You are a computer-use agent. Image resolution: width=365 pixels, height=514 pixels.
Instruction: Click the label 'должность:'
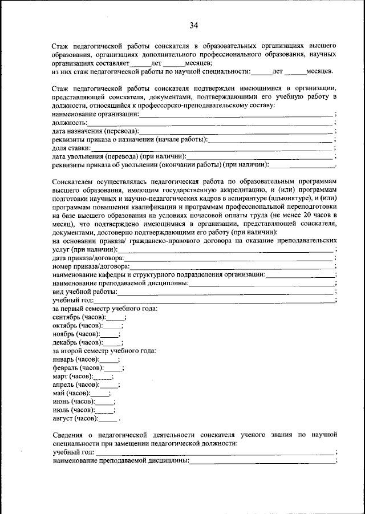[69, 123]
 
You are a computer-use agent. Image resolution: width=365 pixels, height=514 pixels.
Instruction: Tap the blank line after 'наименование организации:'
[237, 114]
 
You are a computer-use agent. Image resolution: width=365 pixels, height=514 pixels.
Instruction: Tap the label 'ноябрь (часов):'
[76, 334]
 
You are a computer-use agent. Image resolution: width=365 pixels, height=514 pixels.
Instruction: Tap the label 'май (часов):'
[71, 393]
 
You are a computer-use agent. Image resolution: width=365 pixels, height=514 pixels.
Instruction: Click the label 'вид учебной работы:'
[84, 292]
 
